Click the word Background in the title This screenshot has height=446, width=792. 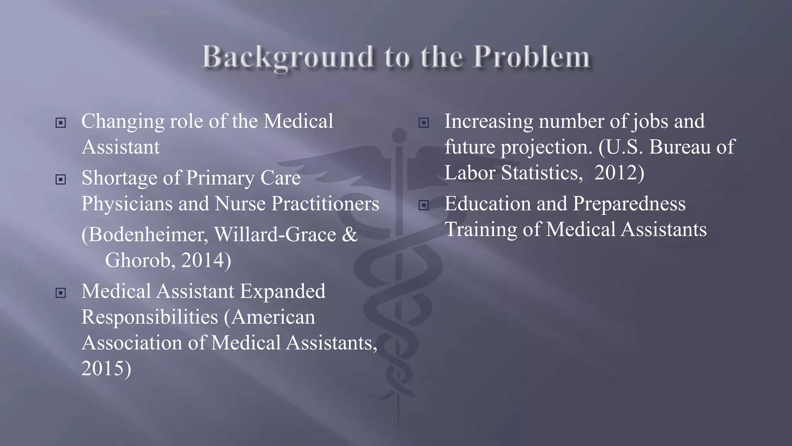point(288,57)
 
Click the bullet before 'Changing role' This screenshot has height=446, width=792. point(61,123)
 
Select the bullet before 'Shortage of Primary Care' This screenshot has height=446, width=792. point(61,180)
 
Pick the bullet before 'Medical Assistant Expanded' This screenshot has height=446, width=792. point(61,293)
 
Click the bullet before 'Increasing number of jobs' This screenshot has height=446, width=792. point(424,123)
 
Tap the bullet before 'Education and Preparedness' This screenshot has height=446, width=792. point(424,205)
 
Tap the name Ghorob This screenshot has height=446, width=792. point(138,260)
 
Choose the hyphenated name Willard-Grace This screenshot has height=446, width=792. point(275,235)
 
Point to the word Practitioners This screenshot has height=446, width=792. point(325,204)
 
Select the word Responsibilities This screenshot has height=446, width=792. point(150,317)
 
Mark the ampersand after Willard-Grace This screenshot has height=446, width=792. point(350,235)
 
